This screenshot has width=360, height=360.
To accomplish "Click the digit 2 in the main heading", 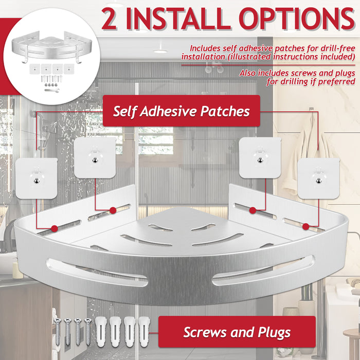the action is pyautogui.click(x=109, y=19).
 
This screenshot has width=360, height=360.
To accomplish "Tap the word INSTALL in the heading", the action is pyautogui.click(x=178, y=19).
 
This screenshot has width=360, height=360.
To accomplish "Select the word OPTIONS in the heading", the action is pyautogui.click(x=297, y=19).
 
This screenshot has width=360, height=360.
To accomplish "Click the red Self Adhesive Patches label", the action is pyautogui.click(x=182, y=111).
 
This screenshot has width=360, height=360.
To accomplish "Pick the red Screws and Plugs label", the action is pyautogui.click(x=237, y=332).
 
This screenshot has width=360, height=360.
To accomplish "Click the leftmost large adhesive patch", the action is pyautogui.click(x=37, y=178).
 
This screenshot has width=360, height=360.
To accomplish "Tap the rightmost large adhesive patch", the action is pyautogui.click(x=318, y=178).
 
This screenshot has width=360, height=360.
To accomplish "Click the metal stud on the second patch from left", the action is pyautogui.click(x=95, y=160).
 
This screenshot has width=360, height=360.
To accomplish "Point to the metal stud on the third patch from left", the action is pyautogui.click(x=260, y=160).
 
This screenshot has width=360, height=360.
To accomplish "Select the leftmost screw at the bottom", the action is pyautogui.click(x=57, y=332).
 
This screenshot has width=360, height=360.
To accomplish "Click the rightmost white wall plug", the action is pyautogui.click(x=144, y=332).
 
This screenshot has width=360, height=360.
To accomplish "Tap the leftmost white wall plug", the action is pyautogui.click(x=101, y=332).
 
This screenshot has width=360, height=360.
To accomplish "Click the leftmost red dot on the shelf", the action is pyautogui.click(x=55, y=228).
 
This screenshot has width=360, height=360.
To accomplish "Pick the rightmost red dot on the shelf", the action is pyautogui.click(x=305, y=227).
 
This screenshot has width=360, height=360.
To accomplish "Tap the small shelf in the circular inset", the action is pyautogui.click(x=51, y=47).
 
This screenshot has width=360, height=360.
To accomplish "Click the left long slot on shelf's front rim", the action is pyautogui.click(x=97, y=273).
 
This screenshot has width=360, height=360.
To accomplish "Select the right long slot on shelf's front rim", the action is pyautogui.click(x=263, y=270).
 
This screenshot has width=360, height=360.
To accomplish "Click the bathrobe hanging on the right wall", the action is pyautogui.click(x=309, y=147).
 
